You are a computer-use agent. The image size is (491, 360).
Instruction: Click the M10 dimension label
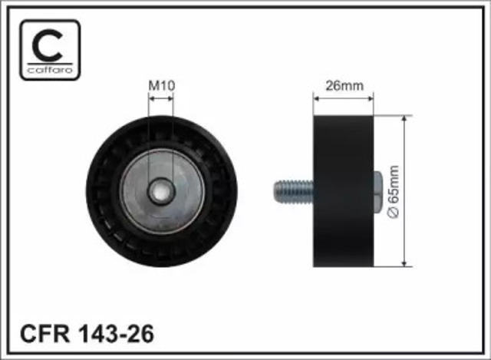[162, 85]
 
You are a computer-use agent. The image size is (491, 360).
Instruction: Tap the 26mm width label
[344, 85]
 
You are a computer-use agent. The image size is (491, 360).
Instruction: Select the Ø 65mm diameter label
[394, 191]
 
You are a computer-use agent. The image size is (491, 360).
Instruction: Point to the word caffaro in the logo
[50, 70]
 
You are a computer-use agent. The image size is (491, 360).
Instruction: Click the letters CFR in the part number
[44, 334]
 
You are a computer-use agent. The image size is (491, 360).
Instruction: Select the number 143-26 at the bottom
[117, 334]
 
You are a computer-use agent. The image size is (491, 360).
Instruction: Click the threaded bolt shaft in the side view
[294, 191]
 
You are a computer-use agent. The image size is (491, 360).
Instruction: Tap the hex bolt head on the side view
[378, 191]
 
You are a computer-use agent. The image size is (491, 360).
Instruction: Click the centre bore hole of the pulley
[162, 191]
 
